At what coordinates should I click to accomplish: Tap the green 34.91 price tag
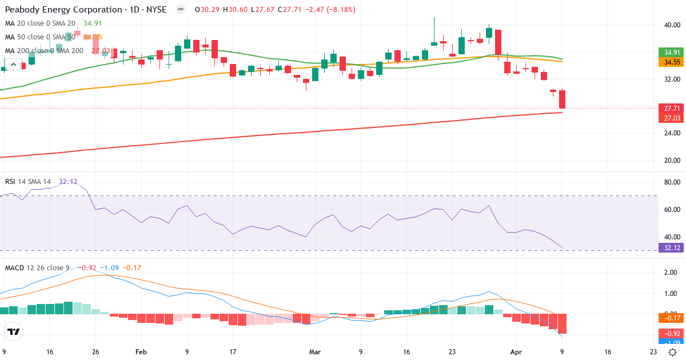671,53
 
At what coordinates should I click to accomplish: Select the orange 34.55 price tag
671,62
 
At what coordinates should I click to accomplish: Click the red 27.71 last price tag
671,108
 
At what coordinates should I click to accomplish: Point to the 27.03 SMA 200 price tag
671,118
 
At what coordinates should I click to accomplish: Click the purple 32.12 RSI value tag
671,248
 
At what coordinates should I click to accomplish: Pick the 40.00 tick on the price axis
671,25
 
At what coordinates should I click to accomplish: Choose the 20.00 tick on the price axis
671,161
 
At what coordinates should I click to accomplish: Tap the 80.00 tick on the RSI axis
671,182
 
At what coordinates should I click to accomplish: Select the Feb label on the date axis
141,353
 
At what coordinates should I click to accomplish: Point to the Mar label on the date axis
316,353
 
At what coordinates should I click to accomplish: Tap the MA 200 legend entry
45,50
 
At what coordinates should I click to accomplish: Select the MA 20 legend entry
40,23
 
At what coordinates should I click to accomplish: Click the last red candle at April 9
563,99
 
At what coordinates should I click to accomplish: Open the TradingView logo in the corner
14,331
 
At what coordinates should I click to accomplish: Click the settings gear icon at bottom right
673,353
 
